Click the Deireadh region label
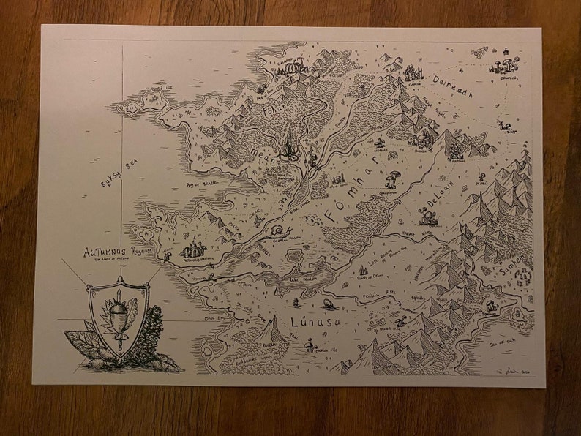[x=453, y=86]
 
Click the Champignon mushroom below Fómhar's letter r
[x=394, y=178]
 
